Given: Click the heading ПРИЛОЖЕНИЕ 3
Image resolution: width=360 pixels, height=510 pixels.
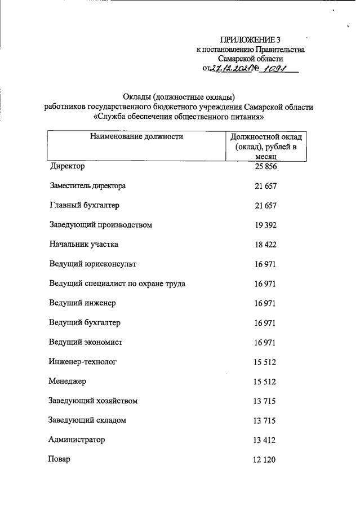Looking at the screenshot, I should [250, 39].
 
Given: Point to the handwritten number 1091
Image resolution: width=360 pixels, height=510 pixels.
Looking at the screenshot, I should [273, 68].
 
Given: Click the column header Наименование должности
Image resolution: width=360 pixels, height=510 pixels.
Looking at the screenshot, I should [136, 136].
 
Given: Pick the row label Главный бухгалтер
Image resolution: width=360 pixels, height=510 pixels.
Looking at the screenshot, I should [84, 206].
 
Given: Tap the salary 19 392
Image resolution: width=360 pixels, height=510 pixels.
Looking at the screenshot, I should [265, 225].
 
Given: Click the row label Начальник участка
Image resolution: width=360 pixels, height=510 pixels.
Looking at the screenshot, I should [84, 245].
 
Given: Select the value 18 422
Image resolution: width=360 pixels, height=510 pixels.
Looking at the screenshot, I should [265, 245].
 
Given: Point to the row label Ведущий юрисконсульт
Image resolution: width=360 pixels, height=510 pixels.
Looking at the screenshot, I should [92, 264].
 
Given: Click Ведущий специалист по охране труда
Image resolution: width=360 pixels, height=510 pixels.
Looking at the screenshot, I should [117, 283].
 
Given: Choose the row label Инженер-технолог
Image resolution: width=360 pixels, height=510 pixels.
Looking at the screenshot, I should [83, 362].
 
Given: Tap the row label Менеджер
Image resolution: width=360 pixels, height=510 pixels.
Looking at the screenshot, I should [68, 382].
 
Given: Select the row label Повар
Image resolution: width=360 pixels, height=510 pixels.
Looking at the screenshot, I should [60, 459].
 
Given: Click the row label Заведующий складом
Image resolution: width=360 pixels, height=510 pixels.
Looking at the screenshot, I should [87, 420].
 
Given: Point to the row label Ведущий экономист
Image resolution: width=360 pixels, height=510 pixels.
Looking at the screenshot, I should [86, 342].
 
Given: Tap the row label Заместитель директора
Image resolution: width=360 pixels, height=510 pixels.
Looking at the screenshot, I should [87, 186].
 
